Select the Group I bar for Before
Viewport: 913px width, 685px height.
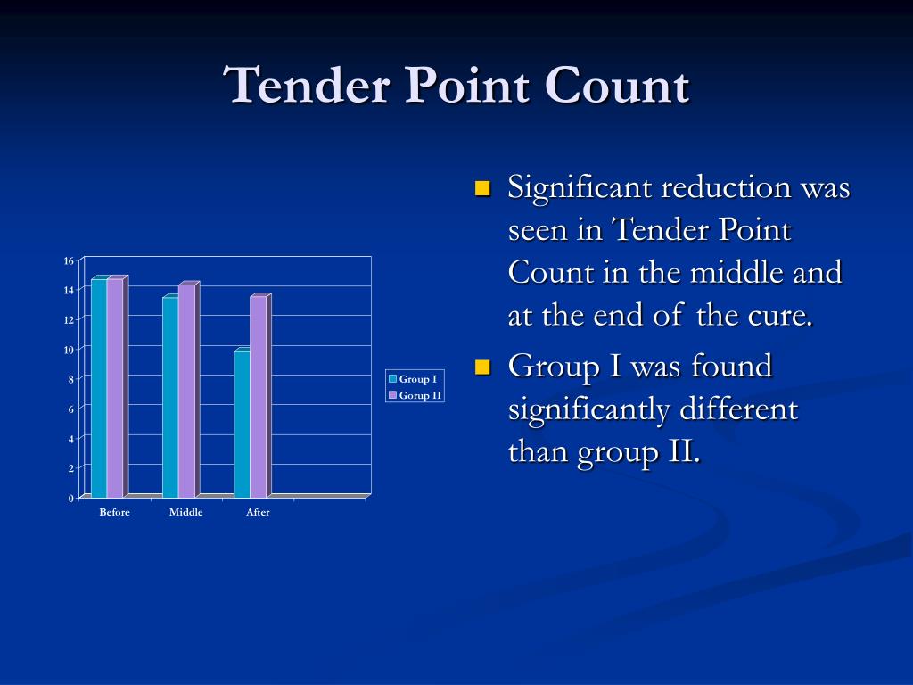tap(99, 388)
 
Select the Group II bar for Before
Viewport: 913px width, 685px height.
tap(115, 388)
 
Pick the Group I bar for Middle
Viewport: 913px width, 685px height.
tap(170, 397)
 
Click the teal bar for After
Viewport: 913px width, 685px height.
tap(242, 424)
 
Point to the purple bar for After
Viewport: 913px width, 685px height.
tap(258, 397)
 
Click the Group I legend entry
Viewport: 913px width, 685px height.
tap(413, 379)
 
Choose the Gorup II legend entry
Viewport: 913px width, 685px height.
tap(415, 395)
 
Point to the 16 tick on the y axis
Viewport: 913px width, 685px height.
tap(69, 260)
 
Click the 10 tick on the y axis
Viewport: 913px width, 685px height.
tap(69, 350)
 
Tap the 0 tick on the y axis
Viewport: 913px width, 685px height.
tap(71, 498)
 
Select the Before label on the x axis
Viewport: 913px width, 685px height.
tap(114, 512)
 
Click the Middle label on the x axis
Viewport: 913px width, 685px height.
tap(185, 512)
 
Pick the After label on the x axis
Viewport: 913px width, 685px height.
tap(258, 512)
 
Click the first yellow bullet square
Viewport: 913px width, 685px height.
tap(483, 189)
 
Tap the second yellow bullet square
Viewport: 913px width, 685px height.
tap(483, 367)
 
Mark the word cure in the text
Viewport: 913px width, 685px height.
tap(783, 316)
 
